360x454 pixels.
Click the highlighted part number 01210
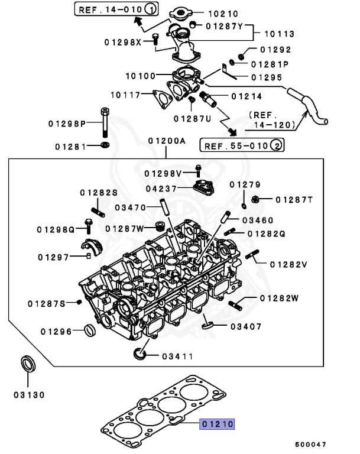(x=218, y=424)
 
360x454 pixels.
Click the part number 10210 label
(x=222, y=13)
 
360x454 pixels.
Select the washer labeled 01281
(x=105, y=145)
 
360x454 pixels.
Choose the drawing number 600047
(x=310, y=443)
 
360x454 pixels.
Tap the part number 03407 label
(x=245, y=326)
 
